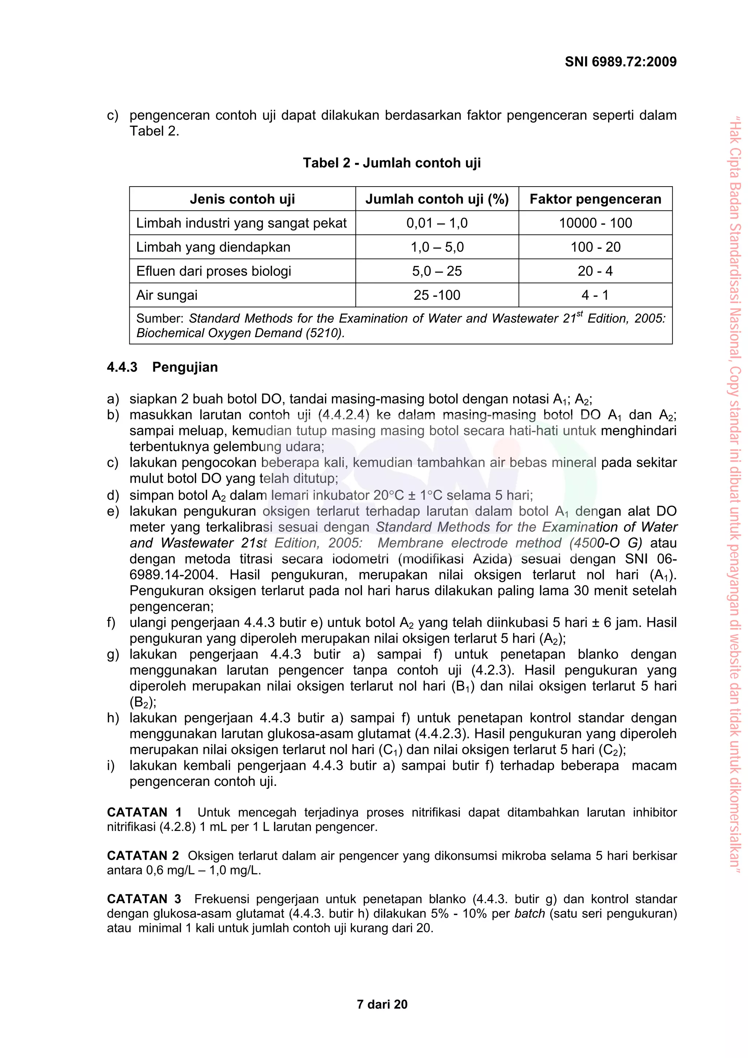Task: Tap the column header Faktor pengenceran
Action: coord(595,199)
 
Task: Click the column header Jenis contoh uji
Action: coord(243,199)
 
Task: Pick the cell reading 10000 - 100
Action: coord(595,223)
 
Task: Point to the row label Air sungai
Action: coord(167,295)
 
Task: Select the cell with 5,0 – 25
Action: coord(436,271)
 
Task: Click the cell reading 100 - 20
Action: coord(595,247)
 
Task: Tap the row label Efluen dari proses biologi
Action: coord(213,271)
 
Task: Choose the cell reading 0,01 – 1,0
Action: coord(436,223)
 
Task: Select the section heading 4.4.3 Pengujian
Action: coord(162,367)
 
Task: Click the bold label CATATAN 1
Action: coord(144,812)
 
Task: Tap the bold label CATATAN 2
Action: coord(142,856)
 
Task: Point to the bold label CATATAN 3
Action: coord(144,899)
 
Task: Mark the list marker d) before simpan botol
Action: coord(112,495)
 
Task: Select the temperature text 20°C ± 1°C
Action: coord(408,495)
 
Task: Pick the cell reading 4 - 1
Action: coord(595,295)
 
